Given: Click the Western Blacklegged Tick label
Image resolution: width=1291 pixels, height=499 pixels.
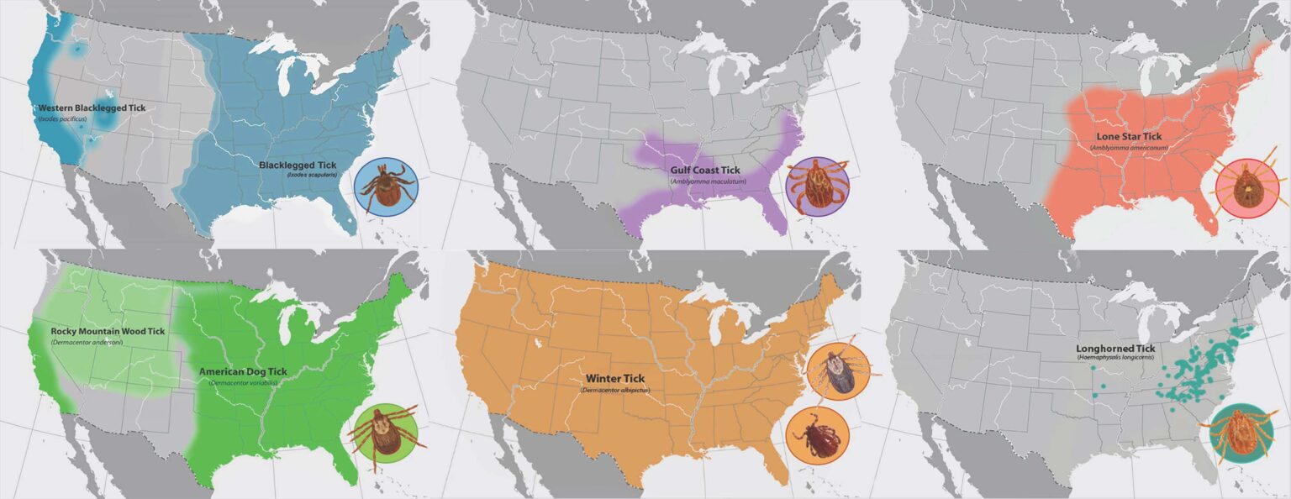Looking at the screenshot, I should click(91, 108).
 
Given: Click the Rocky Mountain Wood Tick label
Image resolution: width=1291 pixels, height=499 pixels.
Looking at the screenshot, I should click(108, 331).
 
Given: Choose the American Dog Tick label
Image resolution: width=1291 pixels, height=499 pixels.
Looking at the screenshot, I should click(243, 371).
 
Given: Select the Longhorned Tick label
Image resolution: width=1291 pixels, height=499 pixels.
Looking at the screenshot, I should click(1114, 348).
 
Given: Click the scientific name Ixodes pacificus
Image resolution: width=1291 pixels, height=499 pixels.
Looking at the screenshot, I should click(62, 119).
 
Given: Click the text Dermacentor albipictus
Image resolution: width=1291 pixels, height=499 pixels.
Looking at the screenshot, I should click(614, 391).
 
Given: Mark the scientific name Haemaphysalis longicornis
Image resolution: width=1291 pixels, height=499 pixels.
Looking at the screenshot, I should click(1115, 358).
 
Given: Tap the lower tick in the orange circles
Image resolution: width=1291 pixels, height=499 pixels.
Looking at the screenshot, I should click(818, 438).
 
